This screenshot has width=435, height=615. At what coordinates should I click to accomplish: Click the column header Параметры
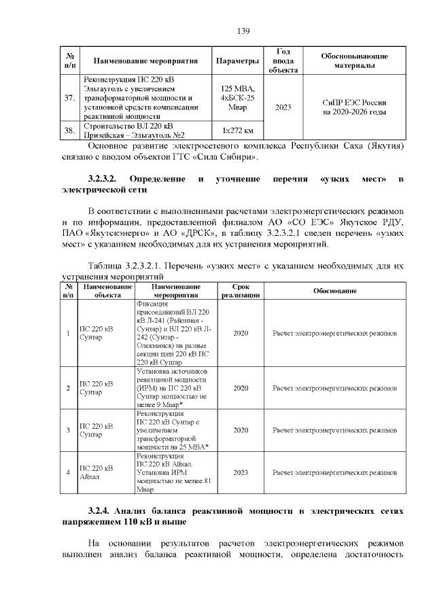[237, 61]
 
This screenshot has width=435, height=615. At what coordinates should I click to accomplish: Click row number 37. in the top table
[69, 98]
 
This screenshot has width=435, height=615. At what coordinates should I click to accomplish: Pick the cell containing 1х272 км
[237, 130]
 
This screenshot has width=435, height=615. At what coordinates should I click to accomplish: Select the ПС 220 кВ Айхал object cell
[96, 472]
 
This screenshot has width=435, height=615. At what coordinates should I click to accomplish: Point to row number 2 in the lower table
[68, 388]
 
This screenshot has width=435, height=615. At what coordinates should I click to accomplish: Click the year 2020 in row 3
[241, 430]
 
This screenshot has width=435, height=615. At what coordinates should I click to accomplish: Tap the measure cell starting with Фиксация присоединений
[174, 334]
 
